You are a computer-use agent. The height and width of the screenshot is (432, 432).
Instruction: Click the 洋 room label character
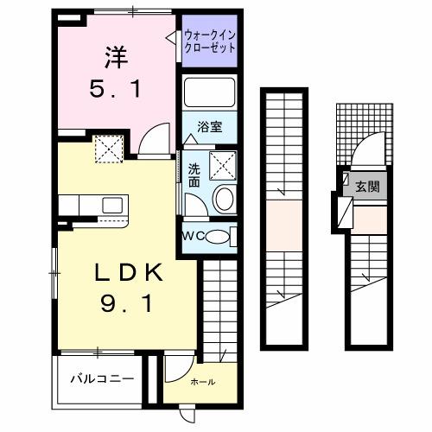point(116,58)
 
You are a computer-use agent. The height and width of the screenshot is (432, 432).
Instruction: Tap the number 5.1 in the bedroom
point(116,86)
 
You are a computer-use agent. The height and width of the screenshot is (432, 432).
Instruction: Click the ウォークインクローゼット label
point(209,41)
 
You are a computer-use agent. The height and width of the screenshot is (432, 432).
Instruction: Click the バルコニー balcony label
point(102,378)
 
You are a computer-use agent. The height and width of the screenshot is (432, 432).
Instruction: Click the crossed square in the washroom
point(223,161)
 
